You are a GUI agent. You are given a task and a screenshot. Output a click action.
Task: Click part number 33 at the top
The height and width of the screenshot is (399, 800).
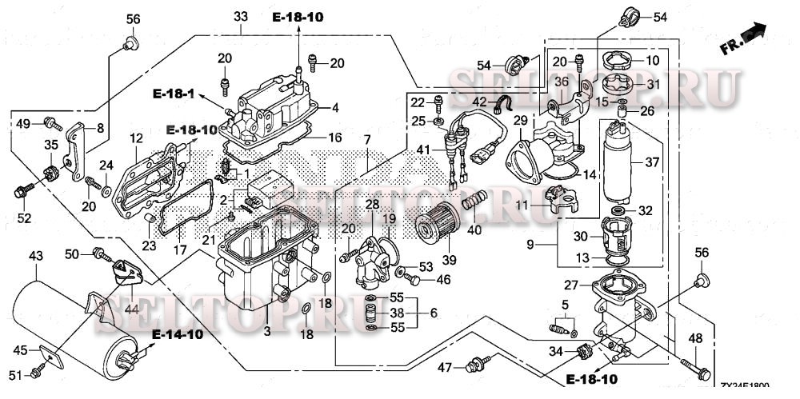[241, 17]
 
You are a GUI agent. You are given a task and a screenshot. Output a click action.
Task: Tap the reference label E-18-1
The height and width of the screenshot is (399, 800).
[174, 94]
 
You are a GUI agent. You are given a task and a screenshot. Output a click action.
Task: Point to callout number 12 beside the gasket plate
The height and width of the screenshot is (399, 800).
[135, 138]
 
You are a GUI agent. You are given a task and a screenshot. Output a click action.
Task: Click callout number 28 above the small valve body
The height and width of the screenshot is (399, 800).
[372, 205]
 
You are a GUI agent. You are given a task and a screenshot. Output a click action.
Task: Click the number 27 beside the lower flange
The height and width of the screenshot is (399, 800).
[570, 285]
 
